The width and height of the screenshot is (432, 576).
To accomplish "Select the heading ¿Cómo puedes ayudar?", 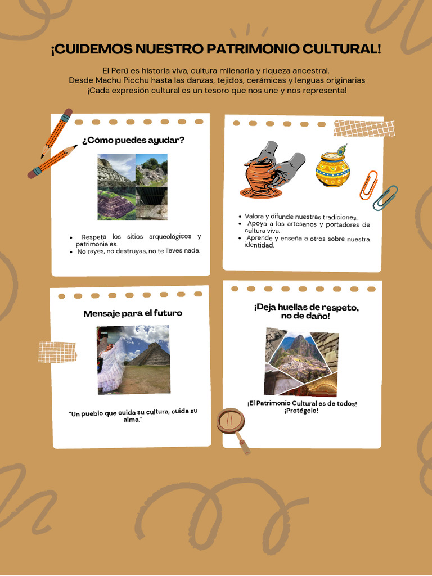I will pos(133,140).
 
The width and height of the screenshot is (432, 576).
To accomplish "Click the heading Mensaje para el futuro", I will pos(133,313).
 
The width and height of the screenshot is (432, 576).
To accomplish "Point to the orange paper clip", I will pos(368,185).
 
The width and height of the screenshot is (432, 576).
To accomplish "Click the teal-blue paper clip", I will pos(385,197).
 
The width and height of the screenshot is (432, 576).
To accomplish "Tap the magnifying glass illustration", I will pos(233,424).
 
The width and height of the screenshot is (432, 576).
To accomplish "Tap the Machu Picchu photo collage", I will pos(301,362).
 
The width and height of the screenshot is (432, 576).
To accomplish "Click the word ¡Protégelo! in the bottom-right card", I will pos(301,411).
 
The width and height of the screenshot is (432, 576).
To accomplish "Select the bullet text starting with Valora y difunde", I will pos(301,217).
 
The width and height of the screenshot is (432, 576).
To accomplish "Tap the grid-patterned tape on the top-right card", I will pos(364,128).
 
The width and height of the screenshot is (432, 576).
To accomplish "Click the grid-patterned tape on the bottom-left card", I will pos(57,352).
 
